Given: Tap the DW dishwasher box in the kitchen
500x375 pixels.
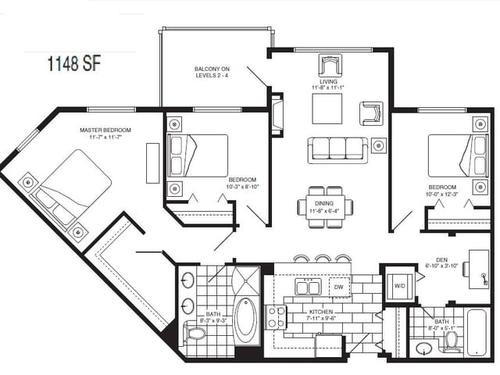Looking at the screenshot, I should coord(339,288).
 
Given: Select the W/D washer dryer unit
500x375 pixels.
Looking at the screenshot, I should coord(400,286).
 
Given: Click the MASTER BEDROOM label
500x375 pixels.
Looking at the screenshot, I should coord(105,133).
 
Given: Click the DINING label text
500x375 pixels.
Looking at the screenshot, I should coord(324,206).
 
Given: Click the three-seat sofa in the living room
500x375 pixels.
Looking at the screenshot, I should coord(337,148).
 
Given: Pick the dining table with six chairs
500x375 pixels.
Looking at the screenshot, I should coord(324,207).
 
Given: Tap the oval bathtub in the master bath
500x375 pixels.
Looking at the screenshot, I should coord(245,320).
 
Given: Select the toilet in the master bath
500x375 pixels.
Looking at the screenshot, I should coord(195,334).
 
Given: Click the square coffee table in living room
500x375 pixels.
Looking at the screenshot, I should coord(327,109).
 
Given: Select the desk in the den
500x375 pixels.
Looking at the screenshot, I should coord(477,264).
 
